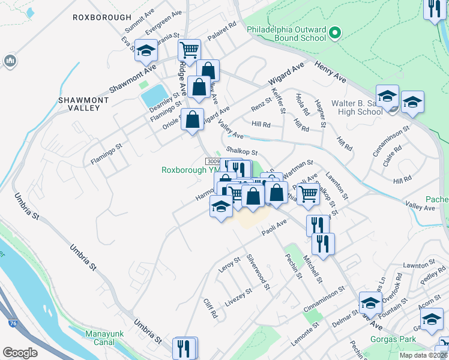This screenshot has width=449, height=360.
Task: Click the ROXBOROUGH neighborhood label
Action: coord(97,17)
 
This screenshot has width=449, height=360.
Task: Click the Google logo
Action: coord(20,353)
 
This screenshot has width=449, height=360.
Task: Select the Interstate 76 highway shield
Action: coord(13,323)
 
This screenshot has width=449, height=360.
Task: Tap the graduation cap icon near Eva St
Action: coord(145,52)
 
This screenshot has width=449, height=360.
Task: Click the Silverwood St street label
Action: coord(259,272)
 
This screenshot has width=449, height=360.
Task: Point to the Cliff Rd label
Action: coord(209,308)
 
